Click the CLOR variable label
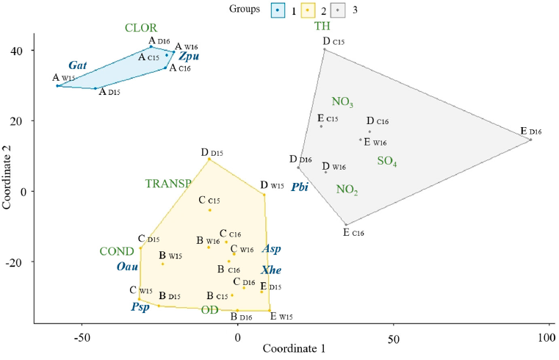140,28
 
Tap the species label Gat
79,65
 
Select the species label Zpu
189,56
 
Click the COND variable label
118,252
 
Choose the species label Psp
140,306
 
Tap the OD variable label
210,310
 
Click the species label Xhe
271,270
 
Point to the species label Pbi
299,187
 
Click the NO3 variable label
342,102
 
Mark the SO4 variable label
387,161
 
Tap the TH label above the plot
322,26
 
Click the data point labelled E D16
530,140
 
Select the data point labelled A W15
58,86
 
